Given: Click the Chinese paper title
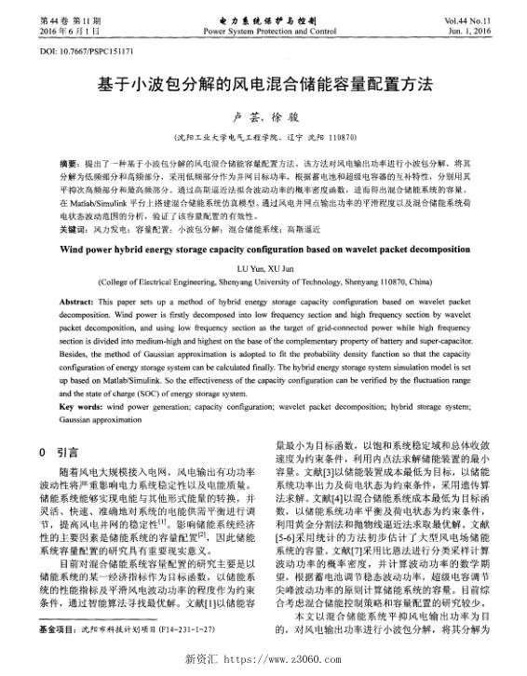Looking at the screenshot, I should [x=264, y=84].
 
